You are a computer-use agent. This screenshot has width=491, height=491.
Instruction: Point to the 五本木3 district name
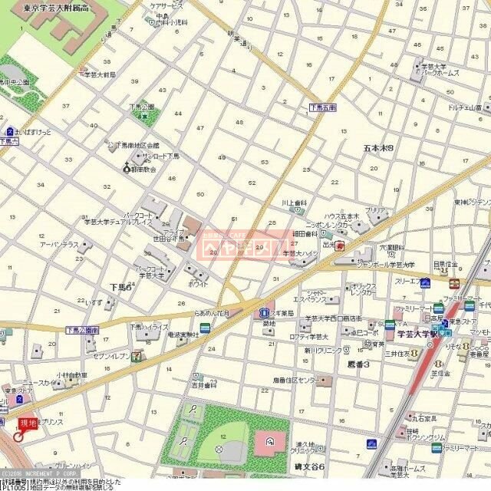coord(378,147)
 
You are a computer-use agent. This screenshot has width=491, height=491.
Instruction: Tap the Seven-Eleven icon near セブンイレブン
coord(136,356)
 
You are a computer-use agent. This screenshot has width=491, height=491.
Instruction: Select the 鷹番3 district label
coord(358,364)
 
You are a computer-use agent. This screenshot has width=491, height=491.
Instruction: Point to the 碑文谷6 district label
coord(311,466)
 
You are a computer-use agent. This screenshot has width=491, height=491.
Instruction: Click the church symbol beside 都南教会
coord(127,168)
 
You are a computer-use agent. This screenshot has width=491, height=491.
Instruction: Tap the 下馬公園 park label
coord(142,107)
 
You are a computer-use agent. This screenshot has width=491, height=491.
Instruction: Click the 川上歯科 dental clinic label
coord(294,203)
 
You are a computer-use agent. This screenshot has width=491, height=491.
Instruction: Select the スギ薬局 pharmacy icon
coord(263,312)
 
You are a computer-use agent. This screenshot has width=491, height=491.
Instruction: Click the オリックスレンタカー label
coord(364,288)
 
